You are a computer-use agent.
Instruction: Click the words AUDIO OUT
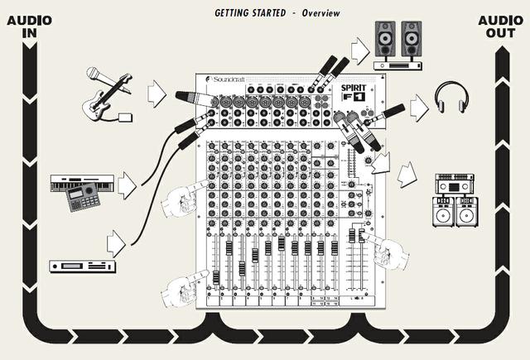(x=501, y=26)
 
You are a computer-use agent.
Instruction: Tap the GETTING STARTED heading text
(x=248, y=14)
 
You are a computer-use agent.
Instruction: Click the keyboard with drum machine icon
(x=81, y=190)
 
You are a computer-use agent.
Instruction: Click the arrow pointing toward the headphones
(x=420, y=106)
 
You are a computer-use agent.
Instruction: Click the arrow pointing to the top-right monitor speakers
(x=361, y=51)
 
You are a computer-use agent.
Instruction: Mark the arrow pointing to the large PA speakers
(x=407, y=175)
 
